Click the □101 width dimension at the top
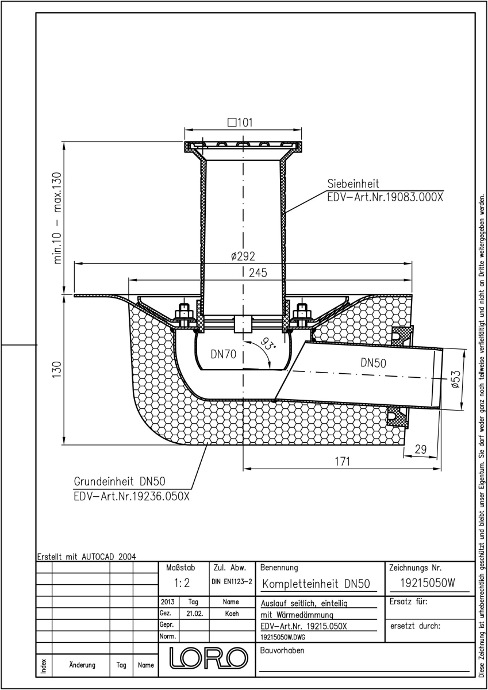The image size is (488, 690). point(240,122)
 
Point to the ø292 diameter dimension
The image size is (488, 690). point(243,256)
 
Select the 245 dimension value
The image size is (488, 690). point(258,273)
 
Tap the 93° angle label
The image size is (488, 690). point(268,343)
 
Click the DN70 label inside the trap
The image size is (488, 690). point(224,355)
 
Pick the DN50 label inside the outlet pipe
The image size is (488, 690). point(374,363)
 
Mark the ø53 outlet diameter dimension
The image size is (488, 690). point(456,379)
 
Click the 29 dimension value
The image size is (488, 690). point(421,450)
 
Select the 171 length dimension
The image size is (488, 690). point(343,461)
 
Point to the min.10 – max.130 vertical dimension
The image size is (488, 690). point(58,218)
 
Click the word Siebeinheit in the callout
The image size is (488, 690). point(353,183)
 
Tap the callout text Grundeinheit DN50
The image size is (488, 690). point(120,481)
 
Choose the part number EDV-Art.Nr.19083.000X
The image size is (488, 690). point(385,197)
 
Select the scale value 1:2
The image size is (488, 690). point(182,583)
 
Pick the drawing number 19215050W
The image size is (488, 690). point(427,583)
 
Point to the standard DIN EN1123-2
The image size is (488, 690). point(232,581)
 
